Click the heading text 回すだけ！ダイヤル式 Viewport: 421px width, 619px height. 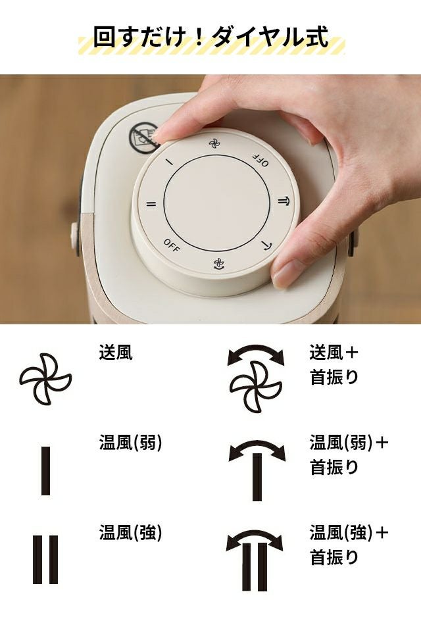pyautogui.click(x=211, y=37)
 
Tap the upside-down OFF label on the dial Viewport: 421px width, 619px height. pyautogui.click(x=260, y=161)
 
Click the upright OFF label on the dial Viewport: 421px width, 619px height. pyautogui.click(x=172, y=245)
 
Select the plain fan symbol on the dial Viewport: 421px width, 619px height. pyautogui.click(x=214, y=143)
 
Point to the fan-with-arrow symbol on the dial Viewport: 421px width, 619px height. pyautogui.click(x=218, y=264)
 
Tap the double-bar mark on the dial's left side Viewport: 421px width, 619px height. pyautogui.click(x=151, y=204)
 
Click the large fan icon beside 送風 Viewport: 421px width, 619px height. pyautogui.click(x=45, y=379)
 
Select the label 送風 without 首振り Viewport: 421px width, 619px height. pyautogui.click(x=116, y=352)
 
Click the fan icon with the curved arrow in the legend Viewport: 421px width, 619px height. pyautogui.click(x=256, y=377)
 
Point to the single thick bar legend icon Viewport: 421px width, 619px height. pyautogui.click(x=45, y=470)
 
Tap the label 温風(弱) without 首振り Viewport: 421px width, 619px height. pyautogui.click(x=131, y=443)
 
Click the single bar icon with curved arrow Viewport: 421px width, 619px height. pyautogui.click(x=257, y=469)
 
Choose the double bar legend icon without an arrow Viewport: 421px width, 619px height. pyautogui.click(x=45, y=559)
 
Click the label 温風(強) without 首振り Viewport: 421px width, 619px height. pyautogui.click(x=131, y=533)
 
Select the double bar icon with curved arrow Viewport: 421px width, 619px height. pyautogui.click(x=255, y=560)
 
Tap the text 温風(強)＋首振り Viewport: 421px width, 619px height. pyautogui.click(x=349, y=545)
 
